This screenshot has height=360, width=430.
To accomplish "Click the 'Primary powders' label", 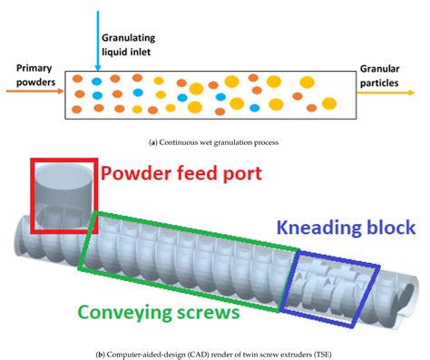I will (30, 76).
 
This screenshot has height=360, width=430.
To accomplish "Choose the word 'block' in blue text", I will (388, 228).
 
